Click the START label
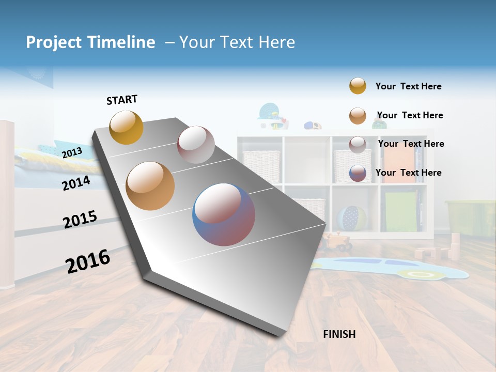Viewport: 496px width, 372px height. [122, 99]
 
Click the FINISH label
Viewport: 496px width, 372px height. [339, 334]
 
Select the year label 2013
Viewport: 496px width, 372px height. [72, 152]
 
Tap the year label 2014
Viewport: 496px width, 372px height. [76, 183]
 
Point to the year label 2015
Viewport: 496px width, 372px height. [80, 220]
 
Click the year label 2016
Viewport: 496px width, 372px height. [88, 261]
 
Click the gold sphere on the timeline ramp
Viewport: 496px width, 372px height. [126, 127]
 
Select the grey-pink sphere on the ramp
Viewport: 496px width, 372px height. [196, 145]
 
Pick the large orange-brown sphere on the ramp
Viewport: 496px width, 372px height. [150, 186]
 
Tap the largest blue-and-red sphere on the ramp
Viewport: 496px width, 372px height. [224, 214]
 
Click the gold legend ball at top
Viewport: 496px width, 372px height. [358, 86]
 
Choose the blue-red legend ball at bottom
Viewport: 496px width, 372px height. [358, 173]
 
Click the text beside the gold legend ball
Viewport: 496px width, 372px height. [408, 86]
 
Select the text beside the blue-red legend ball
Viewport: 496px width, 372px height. [408, 173]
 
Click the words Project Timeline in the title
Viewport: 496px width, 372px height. [90, 42]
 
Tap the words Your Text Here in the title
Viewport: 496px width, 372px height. [237, 42]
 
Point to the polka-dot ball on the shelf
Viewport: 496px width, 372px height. [352, 218]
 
